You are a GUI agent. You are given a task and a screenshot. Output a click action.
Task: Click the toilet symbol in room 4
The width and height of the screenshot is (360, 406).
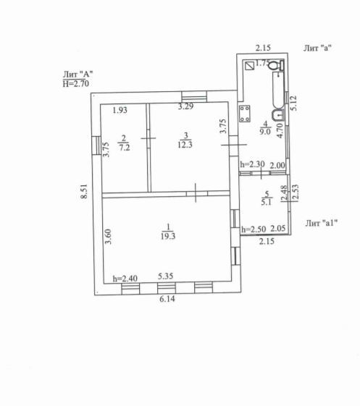276,65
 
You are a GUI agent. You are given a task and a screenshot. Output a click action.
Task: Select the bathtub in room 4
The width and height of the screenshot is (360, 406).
278,90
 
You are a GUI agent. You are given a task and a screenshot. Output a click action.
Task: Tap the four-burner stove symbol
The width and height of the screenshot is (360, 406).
244,114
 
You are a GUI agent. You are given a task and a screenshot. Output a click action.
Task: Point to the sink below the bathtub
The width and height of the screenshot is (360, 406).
278,115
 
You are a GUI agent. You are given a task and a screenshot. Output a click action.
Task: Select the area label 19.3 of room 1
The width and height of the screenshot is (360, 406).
168,236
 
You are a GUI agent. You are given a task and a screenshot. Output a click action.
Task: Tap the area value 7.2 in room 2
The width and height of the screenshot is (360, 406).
124,148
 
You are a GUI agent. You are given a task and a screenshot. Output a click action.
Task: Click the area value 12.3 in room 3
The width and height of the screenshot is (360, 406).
185,145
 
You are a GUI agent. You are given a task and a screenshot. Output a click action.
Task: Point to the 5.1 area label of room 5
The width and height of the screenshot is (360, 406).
266,202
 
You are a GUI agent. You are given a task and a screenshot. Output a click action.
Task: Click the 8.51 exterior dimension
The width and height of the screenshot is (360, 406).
84,191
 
